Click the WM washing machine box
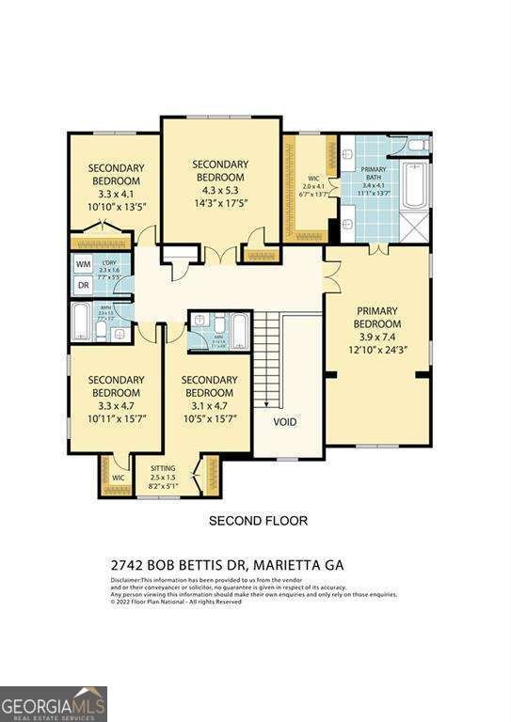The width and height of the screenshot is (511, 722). pyautogui.click(x=83, y=265)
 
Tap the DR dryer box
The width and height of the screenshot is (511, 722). pyautogui.click(x=83, y=285)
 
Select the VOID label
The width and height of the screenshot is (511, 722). pyautogui.click(x=284, y=422)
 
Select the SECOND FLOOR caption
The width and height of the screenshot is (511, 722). pyautogui.click(x=257, y=520)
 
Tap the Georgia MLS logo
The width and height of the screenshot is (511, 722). pyautogui.click(x=54, y=703)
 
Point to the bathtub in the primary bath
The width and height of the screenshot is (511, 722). pyautogui.click(x=415, y=185)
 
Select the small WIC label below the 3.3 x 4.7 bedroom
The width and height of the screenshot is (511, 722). pyautogui.click(x=118, y=478)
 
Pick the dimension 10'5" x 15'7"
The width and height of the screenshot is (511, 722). pyautogui.click(x=210, y=419)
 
